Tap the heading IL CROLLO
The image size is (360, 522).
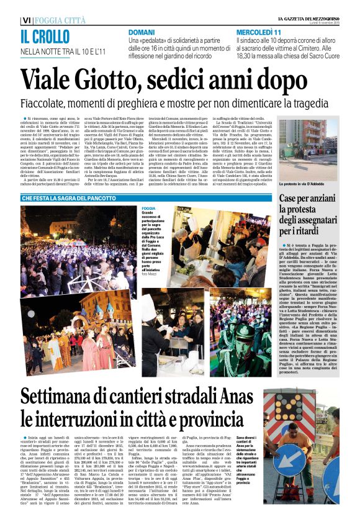[x=45, y=36]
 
